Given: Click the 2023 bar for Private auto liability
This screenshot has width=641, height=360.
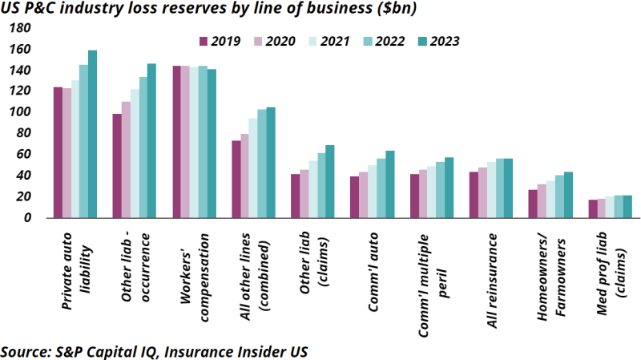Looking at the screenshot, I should click(93, 134).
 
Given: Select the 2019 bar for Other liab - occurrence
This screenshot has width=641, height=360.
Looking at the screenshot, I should click(117, 165).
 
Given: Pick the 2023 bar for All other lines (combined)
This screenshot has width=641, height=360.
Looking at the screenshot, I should click(271, 162).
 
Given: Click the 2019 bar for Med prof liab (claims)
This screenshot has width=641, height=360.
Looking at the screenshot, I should click(593, 208).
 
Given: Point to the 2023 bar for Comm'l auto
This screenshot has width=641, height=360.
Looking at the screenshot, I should click(390, 184).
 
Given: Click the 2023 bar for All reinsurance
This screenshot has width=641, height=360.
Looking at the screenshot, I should click(508, 188).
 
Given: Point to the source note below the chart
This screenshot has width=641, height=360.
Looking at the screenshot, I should click(154, 351).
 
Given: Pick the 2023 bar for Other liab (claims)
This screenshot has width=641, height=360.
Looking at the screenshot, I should click(330, 181).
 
